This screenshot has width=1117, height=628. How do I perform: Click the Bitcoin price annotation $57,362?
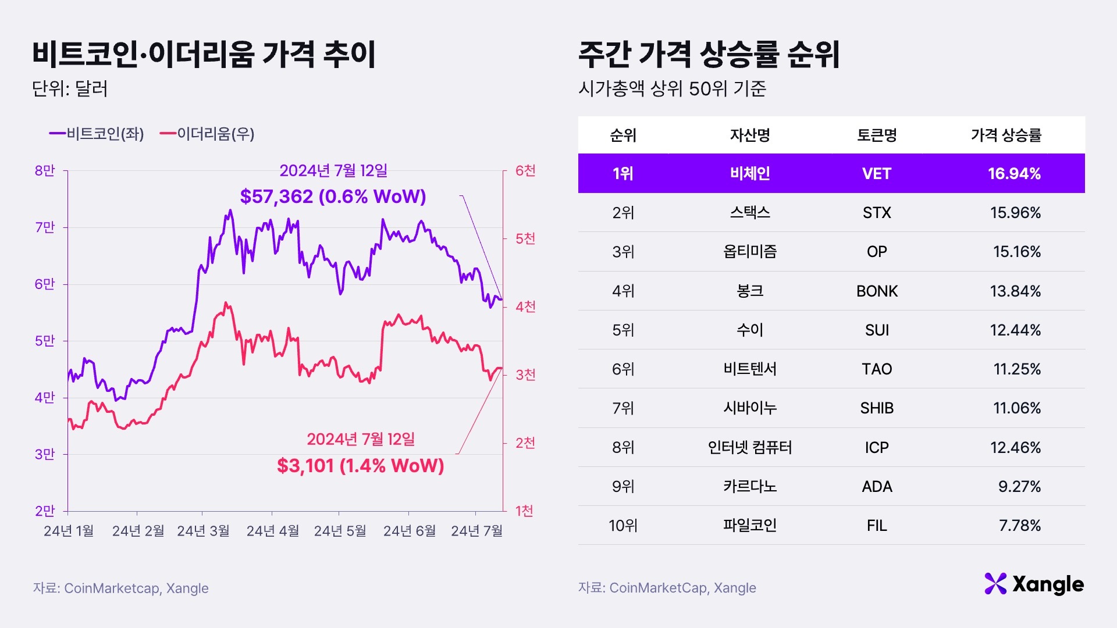(333, 197)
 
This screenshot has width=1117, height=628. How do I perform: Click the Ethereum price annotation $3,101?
(360, 466)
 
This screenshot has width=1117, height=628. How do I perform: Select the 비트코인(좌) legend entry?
(97, 134)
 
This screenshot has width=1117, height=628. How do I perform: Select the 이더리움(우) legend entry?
(207, 134)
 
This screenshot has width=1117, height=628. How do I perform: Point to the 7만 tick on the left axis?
(45, 227)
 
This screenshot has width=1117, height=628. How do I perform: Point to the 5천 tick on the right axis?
(525, 238)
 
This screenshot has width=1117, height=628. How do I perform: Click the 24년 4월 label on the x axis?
(272, 531)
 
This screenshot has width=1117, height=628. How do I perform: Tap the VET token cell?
(876, 173)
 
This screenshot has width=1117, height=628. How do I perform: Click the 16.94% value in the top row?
(1013, 173)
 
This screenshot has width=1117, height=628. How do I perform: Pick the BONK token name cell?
(876, 291)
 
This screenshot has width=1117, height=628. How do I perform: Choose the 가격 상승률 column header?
(1006, 135)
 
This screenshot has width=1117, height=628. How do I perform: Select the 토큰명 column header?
(876, 135)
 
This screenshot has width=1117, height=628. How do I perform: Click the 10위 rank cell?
(622, 526)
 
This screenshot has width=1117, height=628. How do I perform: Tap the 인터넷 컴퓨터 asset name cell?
(749, 447)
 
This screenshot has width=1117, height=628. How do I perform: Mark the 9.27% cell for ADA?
(1019, 486)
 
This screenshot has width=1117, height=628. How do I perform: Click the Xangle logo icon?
(995, 584)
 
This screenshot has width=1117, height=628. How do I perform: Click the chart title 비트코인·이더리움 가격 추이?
(204, 55)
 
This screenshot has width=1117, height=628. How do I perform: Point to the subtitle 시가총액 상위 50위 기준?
(672, 88)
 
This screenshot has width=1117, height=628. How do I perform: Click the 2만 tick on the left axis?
(45, 511)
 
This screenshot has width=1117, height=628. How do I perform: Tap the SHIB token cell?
(876, 408)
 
